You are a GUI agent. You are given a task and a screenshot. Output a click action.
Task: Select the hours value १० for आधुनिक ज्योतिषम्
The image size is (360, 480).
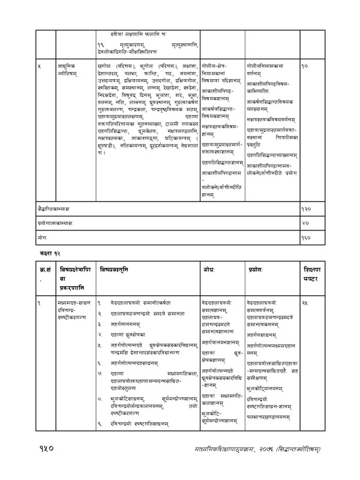pos(306,64)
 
